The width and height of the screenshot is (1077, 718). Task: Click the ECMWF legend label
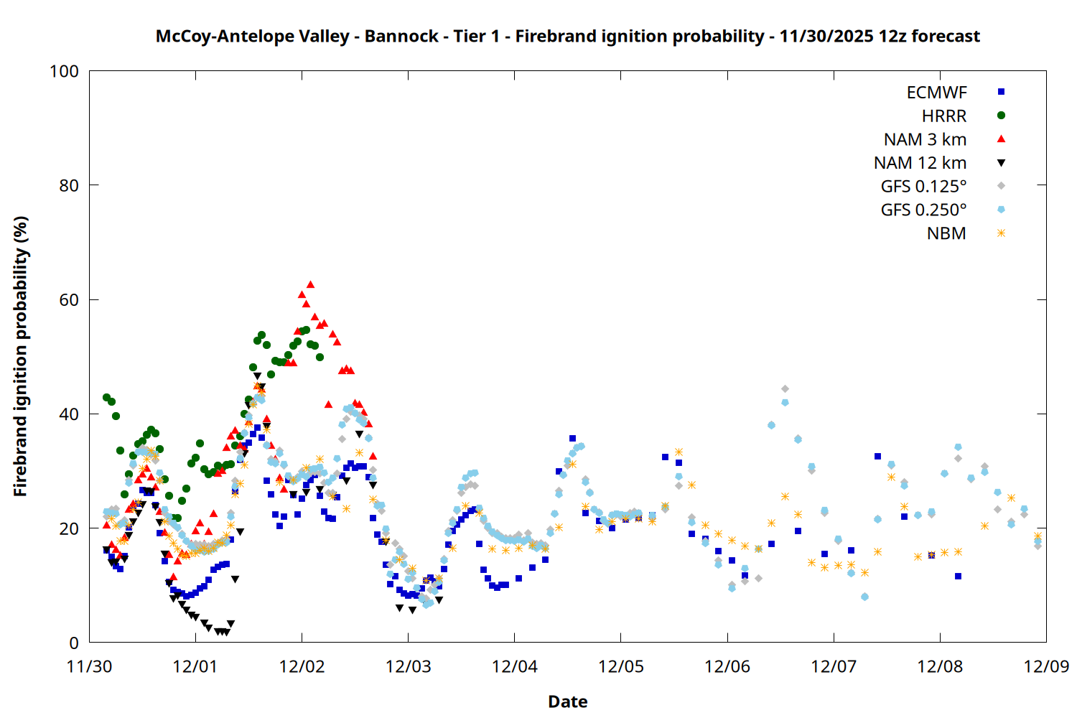(936, 93)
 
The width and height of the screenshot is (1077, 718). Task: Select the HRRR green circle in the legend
(1001, 116)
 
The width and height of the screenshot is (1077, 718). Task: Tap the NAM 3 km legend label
(925, 139)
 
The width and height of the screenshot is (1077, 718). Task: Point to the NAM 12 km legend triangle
(1001, 163)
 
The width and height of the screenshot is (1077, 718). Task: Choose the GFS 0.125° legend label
(923, 187)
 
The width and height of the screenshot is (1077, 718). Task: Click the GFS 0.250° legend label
(923, 210)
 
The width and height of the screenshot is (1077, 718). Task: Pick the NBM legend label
(946, 234)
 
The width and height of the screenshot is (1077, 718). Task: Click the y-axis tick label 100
(64, 72)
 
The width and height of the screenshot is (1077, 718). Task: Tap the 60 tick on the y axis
(69, 300)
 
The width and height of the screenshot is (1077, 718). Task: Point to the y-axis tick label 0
(74, 643)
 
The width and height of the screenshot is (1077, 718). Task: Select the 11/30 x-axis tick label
(89, 666)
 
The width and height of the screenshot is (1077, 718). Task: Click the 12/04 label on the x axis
(515, 666)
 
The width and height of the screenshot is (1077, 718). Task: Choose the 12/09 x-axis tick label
(1046, 666)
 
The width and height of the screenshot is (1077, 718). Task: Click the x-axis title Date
(567, 701)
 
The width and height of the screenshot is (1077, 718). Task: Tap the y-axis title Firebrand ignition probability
(21, 356)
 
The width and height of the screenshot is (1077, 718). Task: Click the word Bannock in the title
(401, 37)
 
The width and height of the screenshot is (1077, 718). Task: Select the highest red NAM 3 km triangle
(310, 285)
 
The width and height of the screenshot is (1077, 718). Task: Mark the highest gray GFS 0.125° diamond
(785, 389)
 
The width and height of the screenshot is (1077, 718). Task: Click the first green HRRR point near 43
(107, 398)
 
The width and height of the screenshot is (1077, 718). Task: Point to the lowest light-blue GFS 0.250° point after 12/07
(864, 597)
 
